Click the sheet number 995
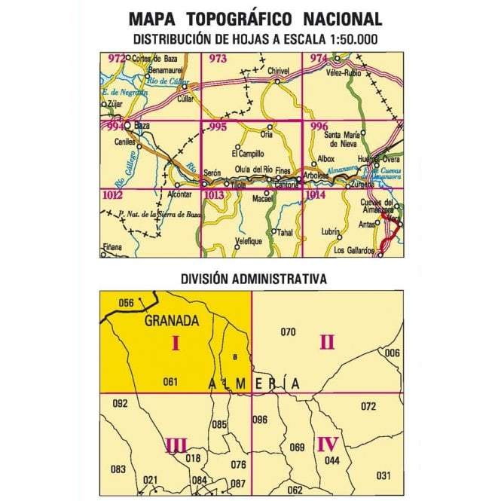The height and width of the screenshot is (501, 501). click(x=218, y=127)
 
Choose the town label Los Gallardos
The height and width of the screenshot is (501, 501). click(x=354, y=250)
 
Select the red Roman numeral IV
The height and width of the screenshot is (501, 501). click(x=327, y=443)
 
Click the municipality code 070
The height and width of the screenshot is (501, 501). click(x=287, y=332)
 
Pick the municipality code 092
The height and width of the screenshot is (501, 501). click(x=120, y=404)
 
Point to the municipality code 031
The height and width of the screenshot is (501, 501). click(x=383, y=475)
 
